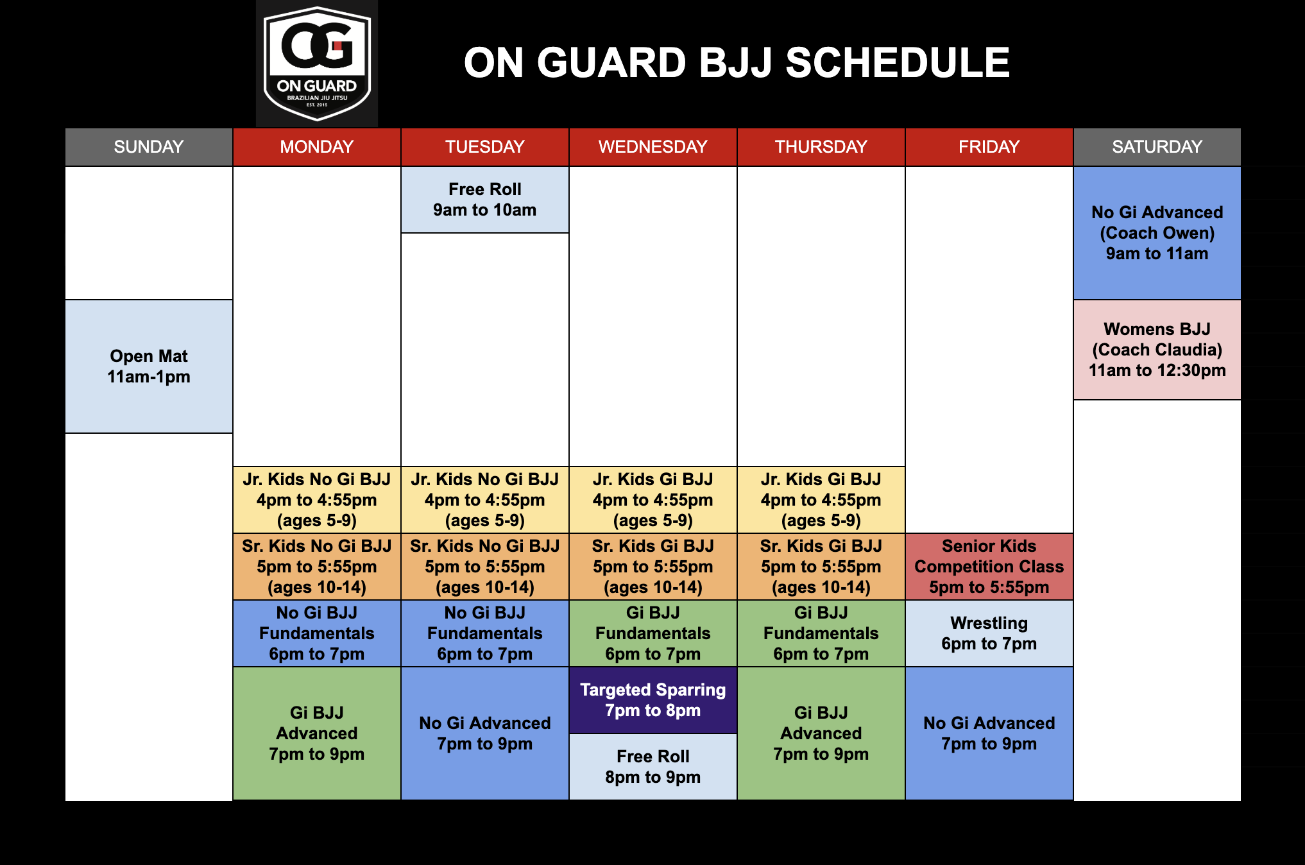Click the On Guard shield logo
[317, 63]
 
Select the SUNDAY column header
[149, 147]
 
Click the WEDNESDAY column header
[653, 147]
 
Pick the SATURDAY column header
[1157, 147]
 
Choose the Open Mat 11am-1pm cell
[149, 366]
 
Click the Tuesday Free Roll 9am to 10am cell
[485, 200]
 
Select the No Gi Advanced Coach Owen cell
[1157, 233]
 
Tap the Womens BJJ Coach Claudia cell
[1157, 350]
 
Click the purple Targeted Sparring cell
[653, 700]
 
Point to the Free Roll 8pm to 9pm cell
[653, 767]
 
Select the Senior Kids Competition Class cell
[989, 567]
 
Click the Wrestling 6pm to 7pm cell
[989, 633]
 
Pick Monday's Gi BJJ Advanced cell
[317, 733]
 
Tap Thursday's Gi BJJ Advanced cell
[821, 733]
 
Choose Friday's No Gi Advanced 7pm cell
[989, 733]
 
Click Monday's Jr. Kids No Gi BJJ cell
[317, 500]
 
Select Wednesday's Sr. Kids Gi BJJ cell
[653, 567]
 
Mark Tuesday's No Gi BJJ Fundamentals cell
[485, 633]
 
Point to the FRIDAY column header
[989, 147]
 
